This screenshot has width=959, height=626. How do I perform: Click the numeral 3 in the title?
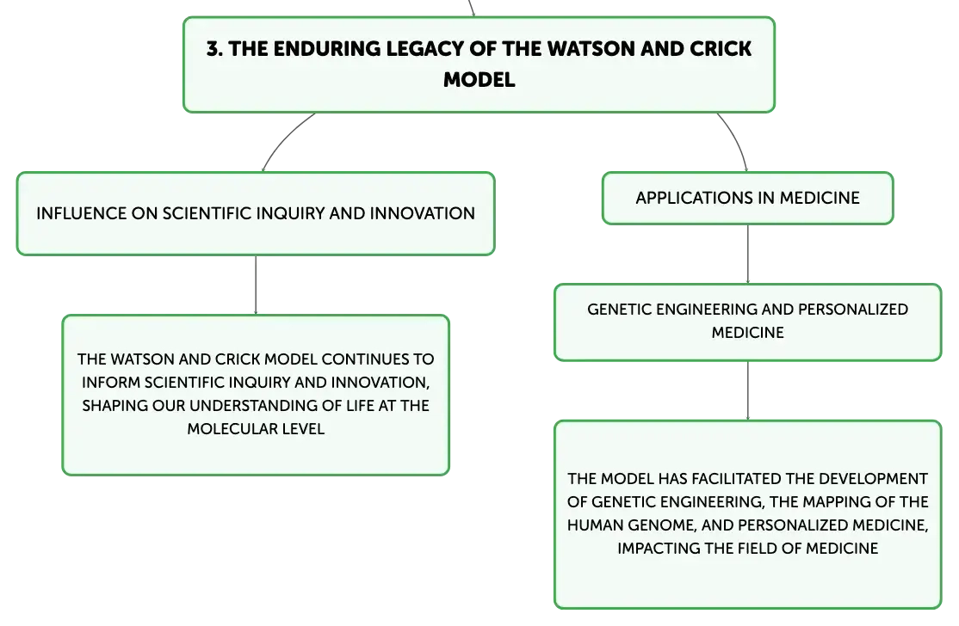point(213,49)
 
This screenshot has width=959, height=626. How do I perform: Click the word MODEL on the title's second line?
point(479,79)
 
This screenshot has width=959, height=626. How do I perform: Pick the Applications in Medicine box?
point(747,198)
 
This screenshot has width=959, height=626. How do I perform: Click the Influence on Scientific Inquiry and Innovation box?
point(256,213)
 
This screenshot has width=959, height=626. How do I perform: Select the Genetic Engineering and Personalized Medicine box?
point(747,322)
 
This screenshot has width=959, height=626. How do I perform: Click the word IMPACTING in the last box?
point(658,549)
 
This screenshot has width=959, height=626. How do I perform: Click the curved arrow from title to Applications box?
point(736,140)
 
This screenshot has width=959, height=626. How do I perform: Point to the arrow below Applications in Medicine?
point(747,254)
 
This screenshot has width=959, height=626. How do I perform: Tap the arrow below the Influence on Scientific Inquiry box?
point(256,285)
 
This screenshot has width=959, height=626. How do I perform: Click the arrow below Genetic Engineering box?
point(747,391)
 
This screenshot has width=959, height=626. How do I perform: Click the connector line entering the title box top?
point(472,8)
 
